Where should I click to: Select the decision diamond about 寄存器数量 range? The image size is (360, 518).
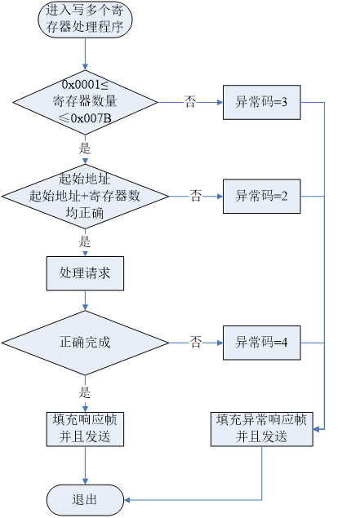pyautogui.click(x=85, y=103)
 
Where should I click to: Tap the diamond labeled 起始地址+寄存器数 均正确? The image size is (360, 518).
pyautogui.click(x=85, y=196)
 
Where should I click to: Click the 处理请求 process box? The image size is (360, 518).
pyautogui.click(x=85, y=273)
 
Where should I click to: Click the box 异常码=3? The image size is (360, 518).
pyautogui.click(x=262, y=103)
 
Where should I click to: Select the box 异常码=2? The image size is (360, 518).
pyautogui.click(x=262, y=196)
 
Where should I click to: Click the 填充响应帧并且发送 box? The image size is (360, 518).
pyautogui.click(x=85, y=428)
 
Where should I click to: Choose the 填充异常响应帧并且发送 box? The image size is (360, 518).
pyautogui.click(x=262, y=428)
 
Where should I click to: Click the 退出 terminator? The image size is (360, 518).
pyautogui.click(x=85, y=499)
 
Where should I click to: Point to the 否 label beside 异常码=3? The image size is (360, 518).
pyautogui.click(x=189, y=104)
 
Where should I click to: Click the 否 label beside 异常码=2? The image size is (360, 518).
pyautogui.click(x=196, y=196)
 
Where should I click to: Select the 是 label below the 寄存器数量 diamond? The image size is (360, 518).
pyautogui.click(x=84, y=149)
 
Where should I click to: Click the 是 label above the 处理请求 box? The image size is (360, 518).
pyautogui.click(x=84, y=242)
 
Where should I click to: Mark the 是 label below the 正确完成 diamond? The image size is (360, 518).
pyautogui.click(x=84, y=392)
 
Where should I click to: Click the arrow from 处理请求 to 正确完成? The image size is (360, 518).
pyautogui.click(x=85, y=300)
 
